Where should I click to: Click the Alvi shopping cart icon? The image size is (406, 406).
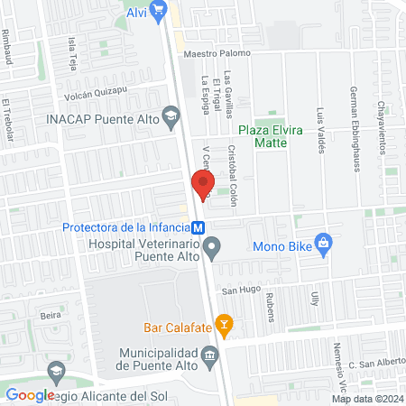[x=160, y=12]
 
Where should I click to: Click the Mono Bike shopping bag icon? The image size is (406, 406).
[x=326, y=243]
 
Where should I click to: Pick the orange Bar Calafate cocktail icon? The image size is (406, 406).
[x=226, y=325]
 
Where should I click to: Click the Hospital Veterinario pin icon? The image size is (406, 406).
[x=212, y=245]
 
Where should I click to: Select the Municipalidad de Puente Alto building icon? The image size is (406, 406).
[x=210, y=355]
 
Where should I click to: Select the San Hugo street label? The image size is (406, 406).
[x=241, y=291]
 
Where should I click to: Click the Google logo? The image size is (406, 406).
[x=30, y=394]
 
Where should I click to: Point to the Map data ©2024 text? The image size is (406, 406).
[x=365, y=399]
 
